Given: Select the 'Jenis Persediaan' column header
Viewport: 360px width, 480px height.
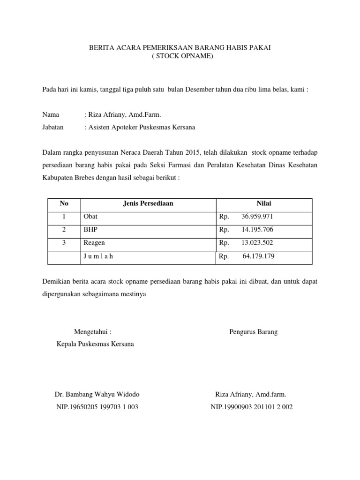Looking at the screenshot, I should click(148, 203).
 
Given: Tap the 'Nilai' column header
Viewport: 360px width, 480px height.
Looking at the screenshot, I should click(263, 203).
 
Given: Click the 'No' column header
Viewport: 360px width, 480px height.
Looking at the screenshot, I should click(64, 203).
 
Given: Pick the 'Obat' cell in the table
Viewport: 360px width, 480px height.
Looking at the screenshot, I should click(90, 217).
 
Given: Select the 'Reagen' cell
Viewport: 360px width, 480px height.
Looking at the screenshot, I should click(94, 243).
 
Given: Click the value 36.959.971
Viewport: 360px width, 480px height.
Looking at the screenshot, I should click(257, 217).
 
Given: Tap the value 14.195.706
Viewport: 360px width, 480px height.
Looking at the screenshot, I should click(257, 230).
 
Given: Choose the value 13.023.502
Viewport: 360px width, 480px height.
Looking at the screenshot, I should click(257, 243).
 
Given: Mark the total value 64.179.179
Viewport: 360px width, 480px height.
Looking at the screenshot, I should click(258, 256).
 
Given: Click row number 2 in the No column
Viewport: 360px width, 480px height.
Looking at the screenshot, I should click(64, 230).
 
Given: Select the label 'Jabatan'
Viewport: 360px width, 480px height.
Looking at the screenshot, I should click(53, 127).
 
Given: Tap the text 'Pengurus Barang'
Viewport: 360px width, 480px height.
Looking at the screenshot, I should click(254, 332).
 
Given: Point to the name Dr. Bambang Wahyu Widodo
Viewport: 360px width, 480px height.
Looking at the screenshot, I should click(97, 394).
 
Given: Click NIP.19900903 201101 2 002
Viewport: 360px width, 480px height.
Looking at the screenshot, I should click(252, 407).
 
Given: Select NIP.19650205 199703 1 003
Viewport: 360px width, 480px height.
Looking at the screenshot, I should click(97, 407).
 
